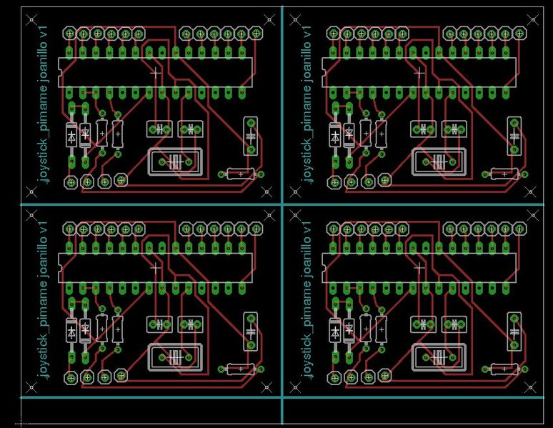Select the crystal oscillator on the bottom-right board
point(438,357)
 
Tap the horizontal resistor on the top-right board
point(505,173)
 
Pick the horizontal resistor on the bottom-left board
point(241,369)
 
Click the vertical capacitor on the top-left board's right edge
point(251,134)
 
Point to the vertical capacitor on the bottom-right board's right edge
point(514,330)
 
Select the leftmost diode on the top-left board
point(71,134)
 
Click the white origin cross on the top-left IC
point(156,72)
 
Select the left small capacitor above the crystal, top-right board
point(424,129)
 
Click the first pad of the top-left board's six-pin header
point(69,33)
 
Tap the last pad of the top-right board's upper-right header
point(521,33)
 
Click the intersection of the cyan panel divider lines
point(283,206)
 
